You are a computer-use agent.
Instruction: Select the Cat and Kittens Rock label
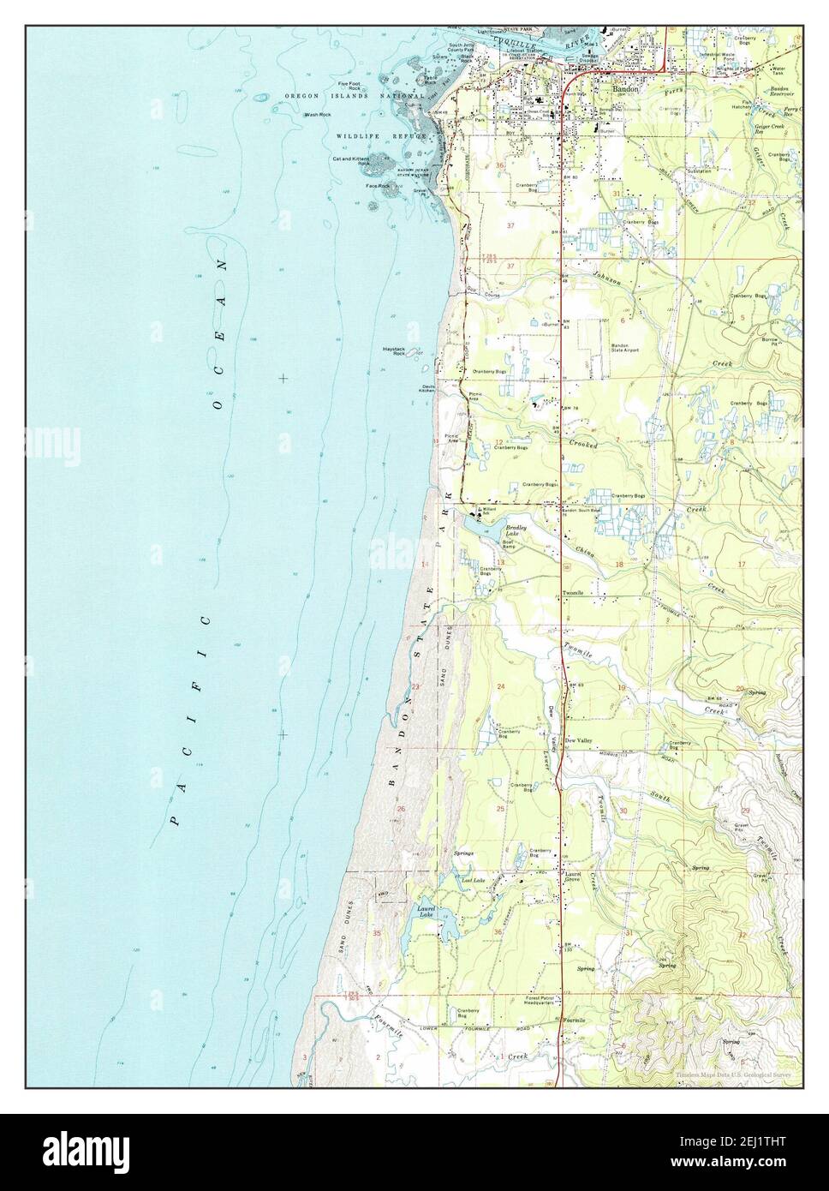coord(352,160)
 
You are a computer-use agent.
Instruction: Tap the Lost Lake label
coord(473,880)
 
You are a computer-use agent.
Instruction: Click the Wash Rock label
coord(319,114)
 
